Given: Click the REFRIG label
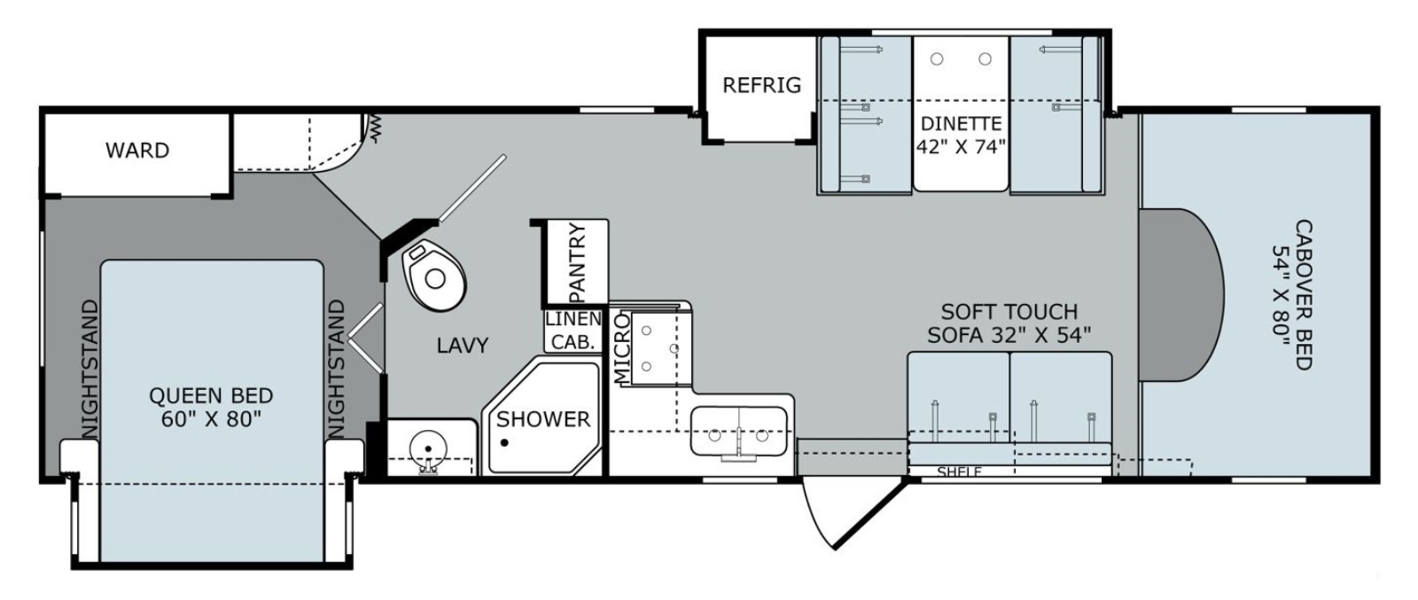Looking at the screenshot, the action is pos(761,85).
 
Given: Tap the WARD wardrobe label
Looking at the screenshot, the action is pos(137,151).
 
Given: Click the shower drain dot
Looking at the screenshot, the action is pos(504,442).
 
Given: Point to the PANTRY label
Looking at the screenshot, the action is pos(577,262).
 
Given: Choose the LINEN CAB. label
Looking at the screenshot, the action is pos(573,331).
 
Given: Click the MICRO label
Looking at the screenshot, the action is pos(622,348).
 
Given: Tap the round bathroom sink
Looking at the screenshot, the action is pos(429,448).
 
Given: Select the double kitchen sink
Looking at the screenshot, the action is pos(738,432).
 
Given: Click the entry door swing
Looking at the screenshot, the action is pos(848,512).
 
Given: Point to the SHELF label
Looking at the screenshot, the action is pos(959,471).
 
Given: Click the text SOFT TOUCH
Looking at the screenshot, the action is pos(1009,312).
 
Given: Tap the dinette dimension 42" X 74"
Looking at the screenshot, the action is pos(961,147).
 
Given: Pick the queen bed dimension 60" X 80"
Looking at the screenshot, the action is pos(211,419).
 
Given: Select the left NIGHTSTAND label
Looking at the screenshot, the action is pos(90,369).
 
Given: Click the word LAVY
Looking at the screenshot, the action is pos(463,346).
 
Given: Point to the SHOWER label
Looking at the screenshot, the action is pos(543,419).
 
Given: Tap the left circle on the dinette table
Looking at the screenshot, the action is pos(937,58).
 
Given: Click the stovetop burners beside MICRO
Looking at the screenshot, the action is pos(659,348).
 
